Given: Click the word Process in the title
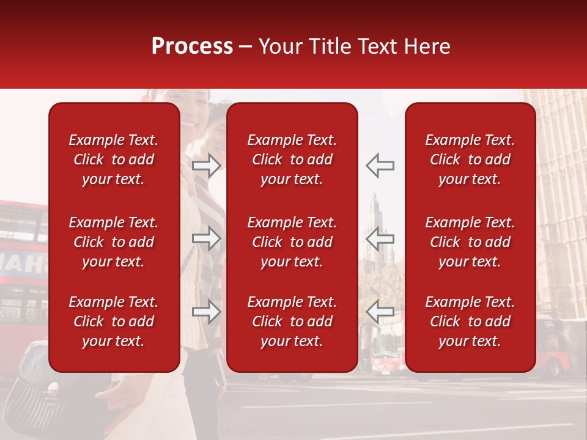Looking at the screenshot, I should point(192,46).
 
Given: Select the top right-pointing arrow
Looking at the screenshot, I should point(207,166).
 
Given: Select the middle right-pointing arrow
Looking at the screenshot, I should point(207,238).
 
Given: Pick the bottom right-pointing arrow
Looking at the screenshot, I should point(207,312).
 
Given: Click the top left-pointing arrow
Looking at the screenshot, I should point(380,166).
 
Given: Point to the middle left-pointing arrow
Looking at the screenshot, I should point(380,238).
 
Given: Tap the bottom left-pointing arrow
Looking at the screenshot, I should point(380,312).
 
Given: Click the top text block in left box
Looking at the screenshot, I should point(114,159).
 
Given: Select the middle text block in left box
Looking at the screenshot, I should point(114,242).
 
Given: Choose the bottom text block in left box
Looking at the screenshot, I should point(114,321).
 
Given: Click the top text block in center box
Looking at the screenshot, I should point(292,159).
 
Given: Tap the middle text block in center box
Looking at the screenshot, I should point(292,242).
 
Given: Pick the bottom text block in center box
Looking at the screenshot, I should point(292,321).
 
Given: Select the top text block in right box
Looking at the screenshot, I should point(470,159).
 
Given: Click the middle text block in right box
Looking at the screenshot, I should point(470,242).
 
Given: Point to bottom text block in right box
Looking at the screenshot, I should point(470,321).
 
